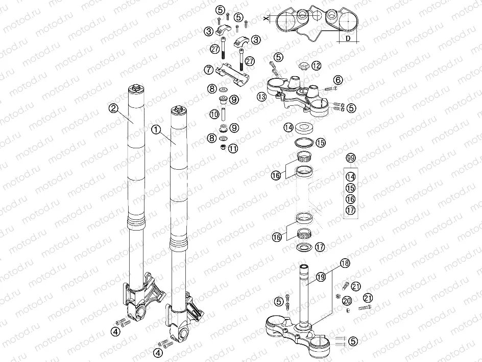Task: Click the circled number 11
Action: click(x=233, y=149)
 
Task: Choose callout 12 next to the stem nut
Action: click(x=317, y=65)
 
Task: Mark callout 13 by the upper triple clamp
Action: click(x=262, y=97)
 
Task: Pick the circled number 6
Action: click(x=338, y=80)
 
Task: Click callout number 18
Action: click(x=345, y=264)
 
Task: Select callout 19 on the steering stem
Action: click(x=321, y=277)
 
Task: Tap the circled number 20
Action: click(x=347, y=301)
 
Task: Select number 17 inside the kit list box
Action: click(x=350, y=210)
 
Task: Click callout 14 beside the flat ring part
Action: click(x=288, y=127)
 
